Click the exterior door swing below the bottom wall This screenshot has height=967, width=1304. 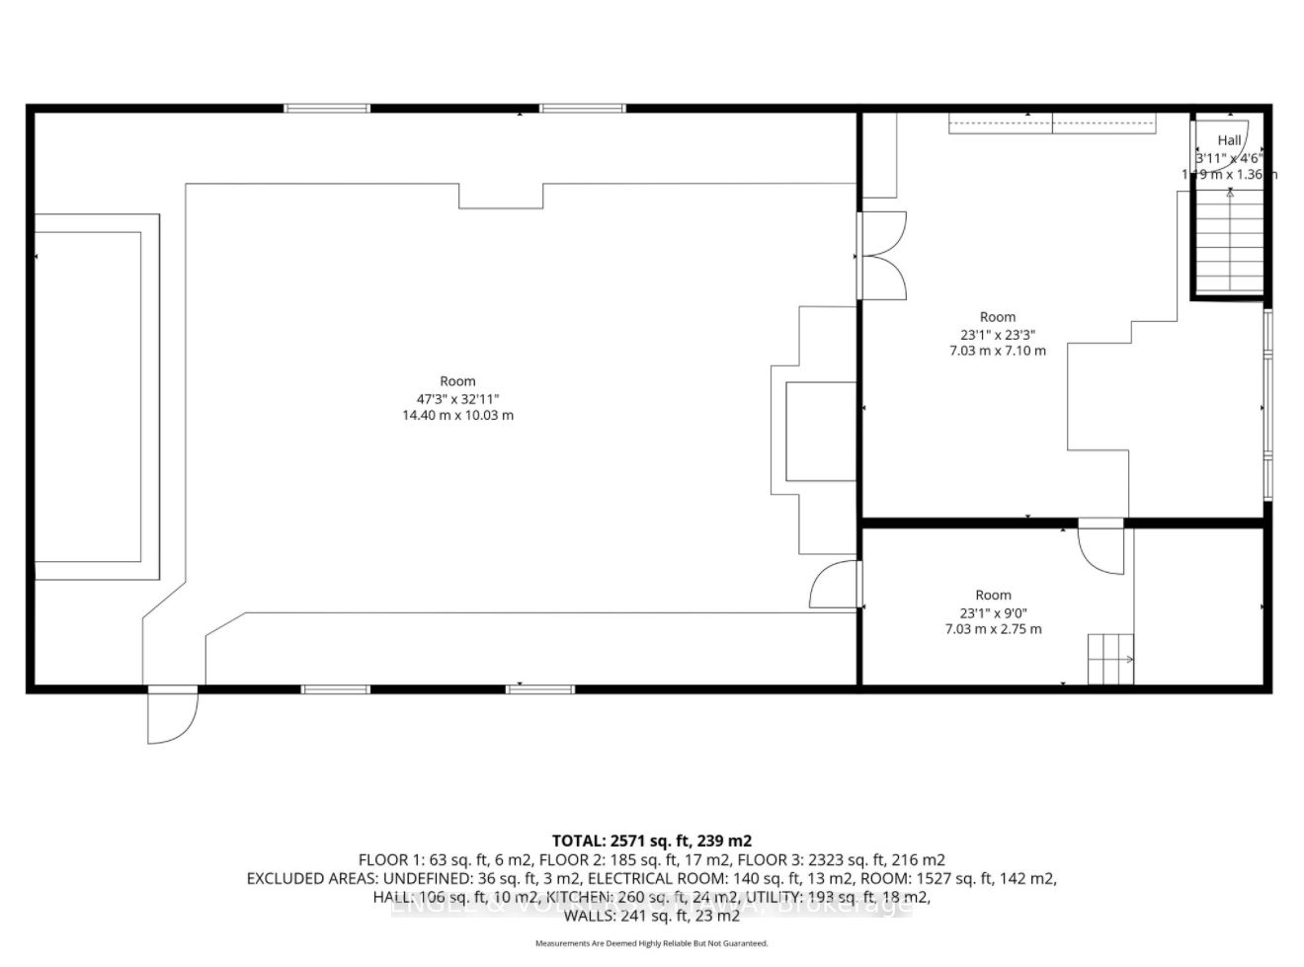[x=172, y=716]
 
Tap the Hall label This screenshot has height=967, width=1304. [x=1229, y=140]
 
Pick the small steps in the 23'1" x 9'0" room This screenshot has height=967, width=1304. [x=1110, y=659]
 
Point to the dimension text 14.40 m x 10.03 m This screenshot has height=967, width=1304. [x=456, y=416]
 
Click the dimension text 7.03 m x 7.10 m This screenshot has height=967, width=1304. [x=997, y=351]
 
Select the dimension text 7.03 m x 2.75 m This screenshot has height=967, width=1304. [x=993, y=629]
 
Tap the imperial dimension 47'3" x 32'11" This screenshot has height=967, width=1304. [x=456, y=398]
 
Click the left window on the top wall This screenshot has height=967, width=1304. [x=327, y=108]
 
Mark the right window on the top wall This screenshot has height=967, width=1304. [x=583, y=108]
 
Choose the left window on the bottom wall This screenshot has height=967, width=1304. [x=336, y=688]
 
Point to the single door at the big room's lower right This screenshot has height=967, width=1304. [x=835, y=585]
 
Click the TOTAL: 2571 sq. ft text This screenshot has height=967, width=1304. [x=651, y=841]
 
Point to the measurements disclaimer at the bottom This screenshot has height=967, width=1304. [x=651, y=943]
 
